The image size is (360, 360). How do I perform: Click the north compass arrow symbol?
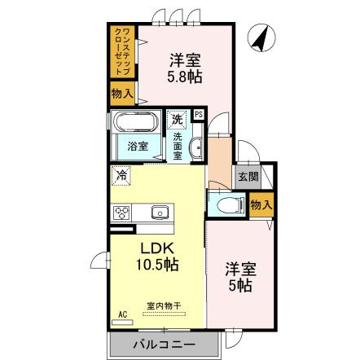click(261, 37)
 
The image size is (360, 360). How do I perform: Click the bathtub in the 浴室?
click(135, 124)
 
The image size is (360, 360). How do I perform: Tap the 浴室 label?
click(137, 146)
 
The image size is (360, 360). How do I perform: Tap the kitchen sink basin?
click(159, 213)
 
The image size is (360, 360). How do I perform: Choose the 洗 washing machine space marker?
click(177, 120)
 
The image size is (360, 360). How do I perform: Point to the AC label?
click(122, 314)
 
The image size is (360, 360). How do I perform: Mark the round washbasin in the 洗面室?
click(195, 147)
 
